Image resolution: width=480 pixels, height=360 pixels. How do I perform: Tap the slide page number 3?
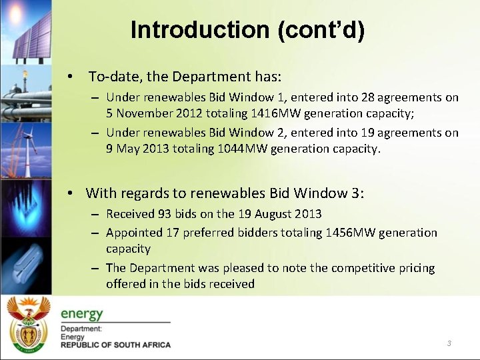click(449, 343)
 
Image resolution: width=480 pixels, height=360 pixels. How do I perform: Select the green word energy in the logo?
click(82, 313)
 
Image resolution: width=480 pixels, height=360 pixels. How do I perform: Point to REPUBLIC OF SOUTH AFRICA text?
click(115, 345)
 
